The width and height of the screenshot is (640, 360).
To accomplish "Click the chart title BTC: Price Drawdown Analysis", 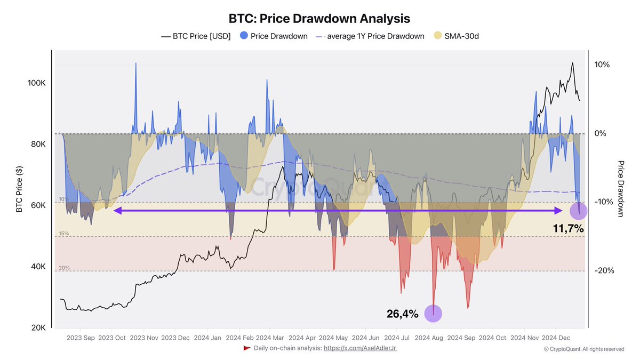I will (319, 18).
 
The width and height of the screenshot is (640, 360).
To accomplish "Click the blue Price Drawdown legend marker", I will (244, 36).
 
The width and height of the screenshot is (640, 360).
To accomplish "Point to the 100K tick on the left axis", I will (37, 84).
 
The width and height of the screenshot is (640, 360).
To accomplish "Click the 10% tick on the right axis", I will (602, 65).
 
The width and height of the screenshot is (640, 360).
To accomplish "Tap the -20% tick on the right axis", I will (604, 270).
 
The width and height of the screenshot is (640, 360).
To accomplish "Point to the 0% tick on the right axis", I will (601, 133).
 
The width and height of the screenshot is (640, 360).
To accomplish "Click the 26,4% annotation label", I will (402, 314).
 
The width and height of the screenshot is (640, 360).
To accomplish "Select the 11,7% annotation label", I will (568, 229).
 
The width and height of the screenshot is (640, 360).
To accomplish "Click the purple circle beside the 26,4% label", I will (433, 314).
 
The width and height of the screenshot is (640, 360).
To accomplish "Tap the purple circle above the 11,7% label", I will (579, 211).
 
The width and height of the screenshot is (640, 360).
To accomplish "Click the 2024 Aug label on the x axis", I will (429, 338).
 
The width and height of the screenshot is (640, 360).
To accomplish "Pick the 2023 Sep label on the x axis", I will (81, 338).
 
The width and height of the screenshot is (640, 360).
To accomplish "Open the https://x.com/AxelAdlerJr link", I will (360, 348).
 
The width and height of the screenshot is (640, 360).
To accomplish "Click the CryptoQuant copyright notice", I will (583, 349).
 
